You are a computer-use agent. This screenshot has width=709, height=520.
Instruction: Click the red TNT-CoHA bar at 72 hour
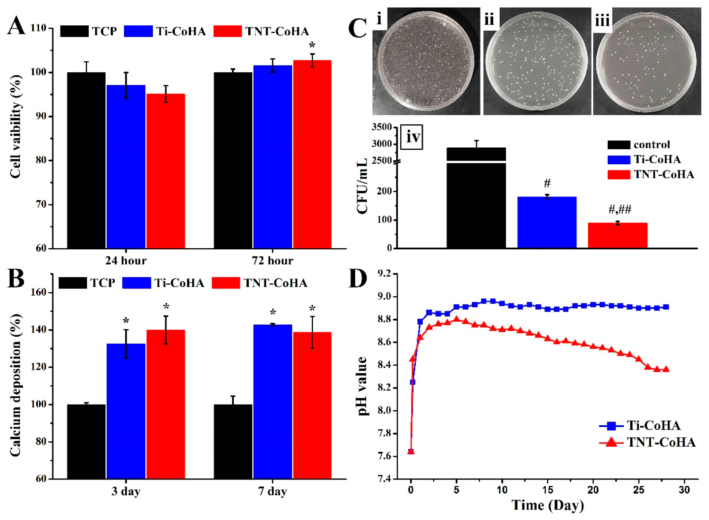coord(312,154)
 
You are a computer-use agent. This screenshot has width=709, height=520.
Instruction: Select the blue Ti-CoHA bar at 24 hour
coord(126,167)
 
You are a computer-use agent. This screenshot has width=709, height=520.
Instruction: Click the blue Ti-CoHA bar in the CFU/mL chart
coord(547,222)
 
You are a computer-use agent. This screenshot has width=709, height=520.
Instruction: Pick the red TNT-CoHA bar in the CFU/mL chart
coord(617,235)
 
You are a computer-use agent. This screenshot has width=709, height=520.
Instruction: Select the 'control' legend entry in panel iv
coord(652,145)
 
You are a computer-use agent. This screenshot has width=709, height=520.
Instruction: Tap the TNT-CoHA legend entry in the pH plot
coord(661,442)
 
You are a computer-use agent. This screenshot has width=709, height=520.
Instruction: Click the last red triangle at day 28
coord(666,369)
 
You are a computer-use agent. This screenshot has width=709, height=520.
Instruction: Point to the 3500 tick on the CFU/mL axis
coord(382,127)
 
